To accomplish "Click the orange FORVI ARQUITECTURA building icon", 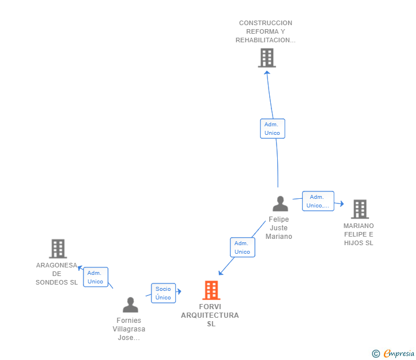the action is [211, 290].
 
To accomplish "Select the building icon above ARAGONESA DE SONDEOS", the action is [58, 249].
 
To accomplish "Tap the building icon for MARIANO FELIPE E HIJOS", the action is [360, 209].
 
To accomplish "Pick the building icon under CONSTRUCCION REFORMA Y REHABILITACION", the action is [267, 58].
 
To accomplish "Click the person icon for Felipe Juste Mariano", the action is [280, 204].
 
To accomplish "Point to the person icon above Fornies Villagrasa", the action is [130, 305].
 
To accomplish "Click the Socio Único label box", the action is [163, 293].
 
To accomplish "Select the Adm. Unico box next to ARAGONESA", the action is [95, 277].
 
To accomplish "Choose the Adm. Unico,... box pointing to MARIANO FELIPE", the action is [318, 201].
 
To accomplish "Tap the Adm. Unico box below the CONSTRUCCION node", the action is [273, 129].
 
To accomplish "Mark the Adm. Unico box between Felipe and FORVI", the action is [242, 247].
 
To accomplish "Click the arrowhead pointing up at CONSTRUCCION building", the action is [267, 73].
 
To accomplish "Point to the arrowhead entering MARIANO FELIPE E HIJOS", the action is [342, 204].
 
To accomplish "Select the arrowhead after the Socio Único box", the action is [179, 291].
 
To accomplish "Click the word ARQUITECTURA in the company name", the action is [210, 315].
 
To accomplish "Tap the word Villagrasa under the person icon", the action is [129, 329].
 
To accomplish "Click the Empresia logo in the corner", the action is [393, 353].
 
